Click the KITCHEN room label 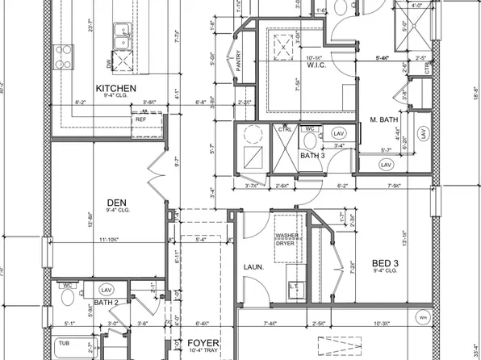click(115, 88)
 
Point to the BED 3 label click(385, 263)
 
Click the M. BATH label click(385, 120)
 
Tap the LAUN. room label click(256, 266)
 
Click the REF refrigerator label click(141, 119)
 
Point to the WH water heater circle click(423, 318)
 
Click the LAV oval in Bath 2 click(105, 289)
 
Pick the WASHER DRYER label click(287, 241)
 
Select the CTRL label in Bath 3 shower click(285, 128)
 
